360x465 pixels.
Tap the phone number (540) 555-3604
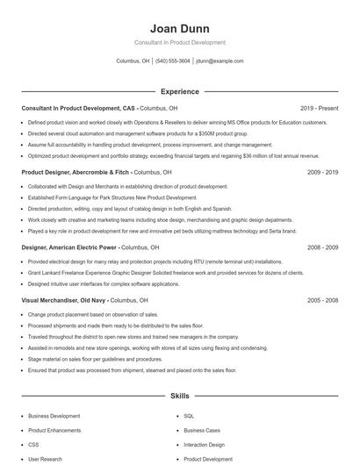coord(173,61)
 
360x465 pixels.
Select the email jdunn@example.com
coord(220,61)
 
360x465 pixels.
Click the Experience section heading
coord(179,91)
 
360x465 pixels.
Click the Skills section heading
coord(179,397)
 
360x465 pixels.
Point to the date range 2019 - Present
coord(319,108)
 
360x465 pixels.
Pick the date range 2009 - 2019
coord(323,173)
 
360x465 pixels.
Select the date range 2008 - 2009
coord(323,248)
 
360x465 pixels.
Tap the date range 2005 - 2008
coord(323,300)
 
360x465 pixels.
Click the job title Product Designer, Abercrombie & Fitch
coord(76,173)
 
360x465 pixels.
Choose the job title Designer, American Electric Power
coord(69,248)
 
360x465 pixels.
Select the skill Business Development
coord(54,416)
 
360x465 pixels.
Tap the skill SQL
coord(189,416)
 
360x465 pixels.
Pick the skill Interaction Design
coord(205,445)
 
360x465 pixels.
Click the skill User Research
coord(45,459)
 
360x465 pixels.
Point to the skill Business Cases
coord(201,431)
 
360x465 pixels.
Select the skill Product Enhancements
coord(55,431)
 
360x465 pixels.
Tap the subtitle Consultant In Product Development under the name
coord(179,42)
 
